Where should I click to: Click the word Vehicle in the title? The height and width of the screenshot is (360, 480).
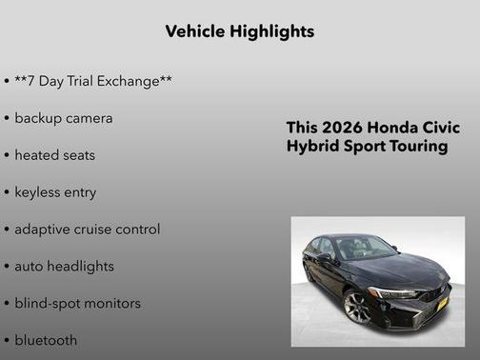point(194,31)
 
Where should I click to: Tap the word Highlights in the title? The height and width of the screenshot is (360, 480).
point(270,31)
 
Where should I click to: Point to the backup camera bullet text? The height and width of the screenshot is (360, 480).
point(63,118)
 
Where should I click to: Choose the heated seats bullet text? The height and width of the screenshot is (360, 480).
point(54,154)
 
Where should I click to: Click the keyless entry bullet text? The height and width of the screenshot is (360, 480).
point(55,191)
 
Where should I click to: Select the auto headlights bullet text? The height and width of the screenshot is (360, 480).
point(64,266)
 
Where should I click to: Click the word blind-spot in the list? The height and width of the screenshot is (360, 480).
point(47,303)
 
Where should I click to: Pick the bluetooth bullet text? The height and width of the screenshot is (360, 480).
point(46,339)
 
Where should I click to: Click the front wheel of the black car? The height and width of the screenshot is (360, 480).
point(358,307)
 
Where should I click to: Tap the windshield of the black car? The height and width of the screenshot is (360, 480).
point(364,249)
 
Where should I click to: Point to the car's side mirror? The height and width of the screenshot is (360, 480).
point(324,256)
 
